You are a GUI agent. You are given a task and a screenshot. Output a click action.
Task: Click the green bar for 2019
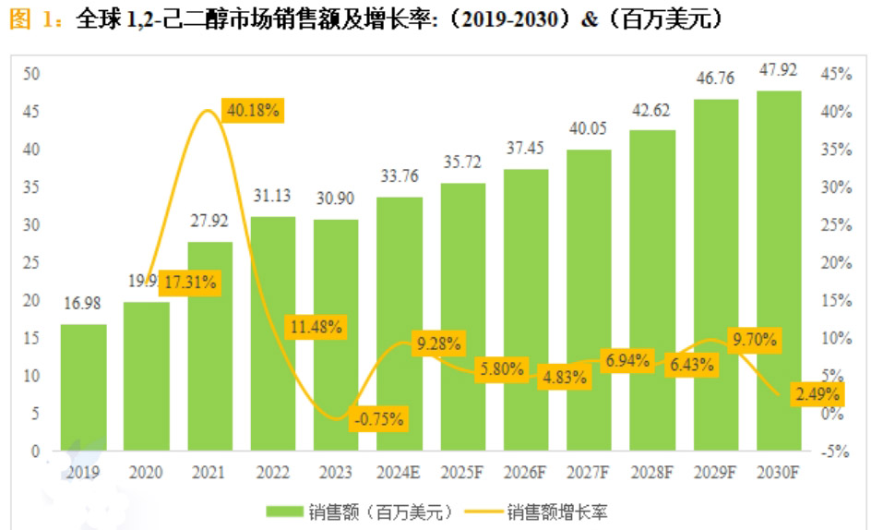[83, 388]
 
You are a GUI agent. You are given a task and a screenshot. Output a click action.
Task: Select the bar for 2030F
[778, 271]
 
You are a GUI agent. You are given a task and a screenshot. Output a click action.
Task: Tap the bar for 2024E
[400, 324]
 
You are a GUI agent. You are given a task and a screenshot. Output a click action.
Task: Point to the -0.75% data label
[378, 418]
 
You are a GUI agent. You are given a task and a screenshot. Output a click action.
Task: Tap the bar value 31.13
[273, 195]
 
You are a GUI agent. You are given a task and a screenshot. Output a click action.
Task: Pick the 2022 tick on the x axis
[272, 473]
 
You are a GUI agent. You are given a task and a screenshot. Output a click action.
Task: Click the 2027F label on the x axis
[589, 473]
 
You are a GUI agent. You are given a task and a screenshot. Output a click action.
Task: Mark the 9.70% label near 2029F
[753, 340]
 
